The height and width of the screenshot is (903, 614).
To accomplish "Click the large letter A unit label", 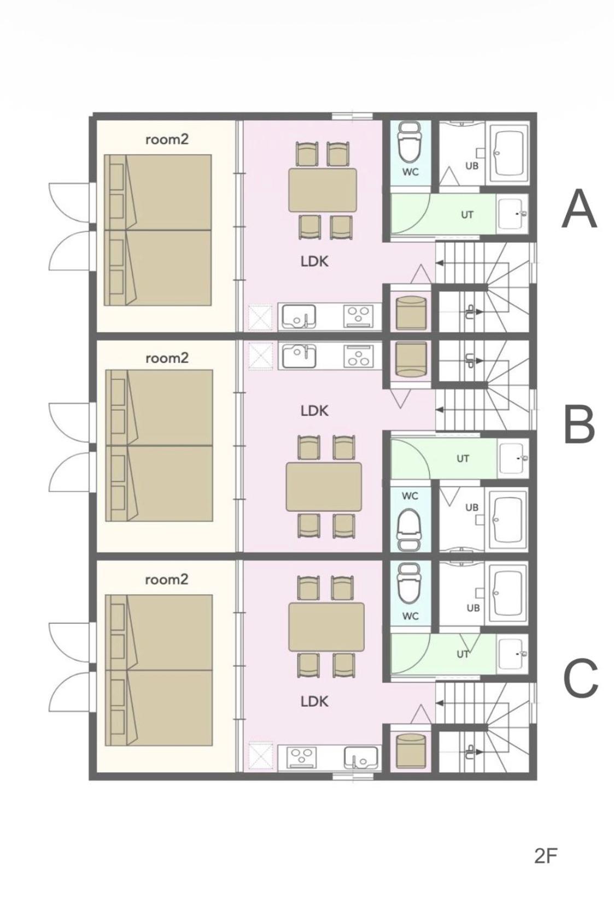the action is click(579, 208).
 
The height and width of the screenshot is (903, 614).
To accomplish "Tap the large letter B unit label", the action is click(580, 424).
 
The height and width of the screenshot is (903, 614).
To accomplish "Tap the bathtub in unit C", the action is click(507, 593).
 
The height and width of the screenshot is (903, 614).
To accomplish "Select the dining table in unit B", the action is click(324, 487).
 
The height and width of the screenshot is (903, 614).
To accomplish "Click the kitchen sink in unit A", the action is click(299, 317).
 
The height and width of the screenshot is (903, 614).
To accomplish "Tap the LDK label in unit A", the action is click(315, 261).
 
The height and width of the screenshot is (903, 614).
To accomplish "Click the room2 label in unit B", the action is click(167, 358).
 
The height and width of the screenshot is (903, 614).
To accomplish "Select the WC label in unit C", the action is click(410, 616).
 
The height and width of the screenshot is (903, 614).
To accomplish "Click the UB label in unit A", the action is click(472, 165).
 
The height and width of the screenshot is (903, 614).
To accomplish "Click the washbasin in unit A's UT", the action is click(512, 213).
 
